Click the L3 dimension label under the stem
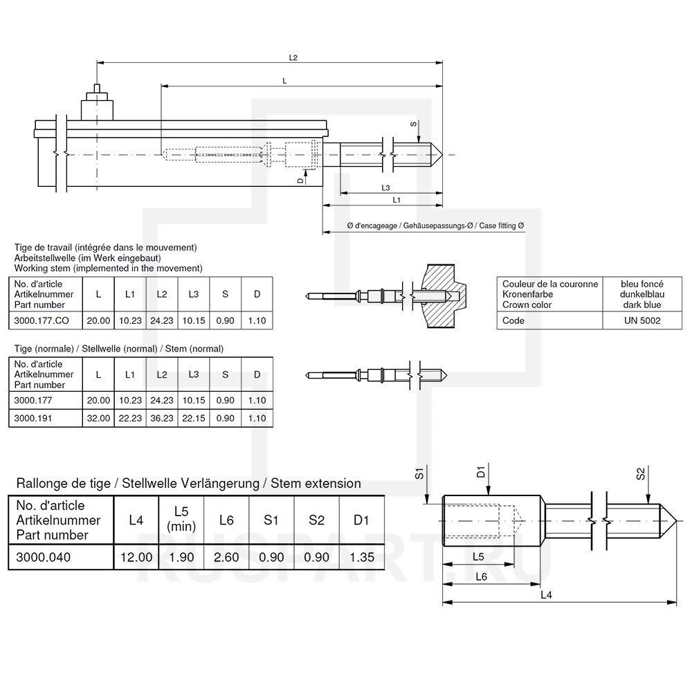pos(385,188)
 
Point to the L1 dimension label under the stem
pos(397,199)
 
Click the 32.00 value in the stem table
pos(98,418)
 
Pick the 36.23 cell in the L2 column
pos(162,418)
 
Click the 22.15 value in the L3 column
pos(194,418)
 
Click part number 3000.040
pos(44,556)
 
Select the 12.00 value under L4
pos(136,556)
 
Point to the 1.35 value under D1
pos(361,556)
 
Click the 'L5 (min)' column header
pos(181,519)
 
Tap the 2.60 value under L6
pos(226,556)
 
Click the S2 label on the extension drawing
pos(640,475)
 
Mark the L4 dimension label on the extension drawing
pos(545,594)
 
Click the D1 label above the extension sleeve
pos(480,475)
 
